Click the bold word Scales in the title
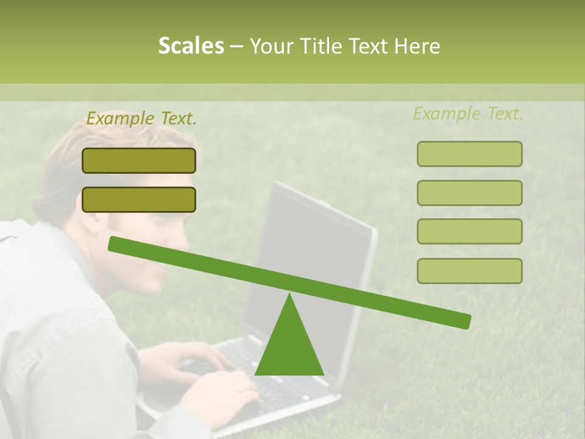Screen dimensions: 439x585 point(191,46)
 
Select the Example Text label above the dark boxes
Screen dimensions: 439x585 point(141,119)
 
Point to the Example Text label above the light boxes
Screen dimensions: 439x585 point(468,114)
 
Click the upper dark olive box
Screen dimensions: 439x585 point(139,160)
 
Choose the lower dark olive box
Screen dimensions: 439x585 point(139,199)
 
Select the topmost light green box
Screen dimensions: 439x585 point(469,154)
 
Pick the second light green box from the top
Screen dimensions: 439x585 point(469,193)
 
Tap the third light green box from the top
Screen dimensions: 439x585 point(469,231)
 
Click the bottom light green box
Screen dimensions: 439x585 point(469,271)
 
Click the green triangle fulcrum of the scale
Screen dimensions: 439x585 point(289,344)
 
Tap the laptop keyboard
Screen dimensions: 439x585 point(244,366)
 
